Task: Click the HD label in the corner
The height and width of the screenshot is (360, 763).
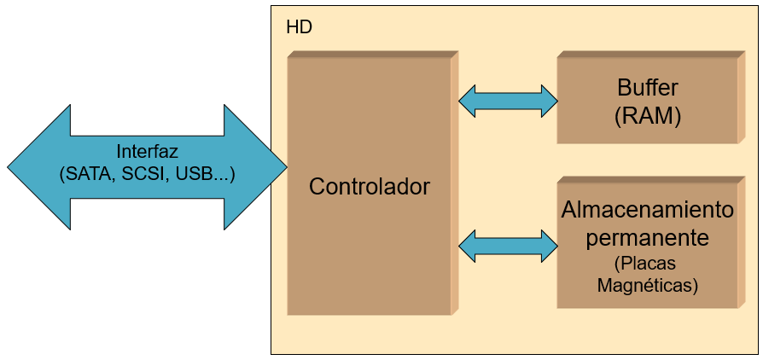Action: point(299,27)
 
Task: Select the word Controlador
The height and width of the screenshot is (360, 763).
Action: point(369,186)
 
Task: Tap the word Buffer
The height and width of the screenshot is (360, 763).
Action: point(647,88)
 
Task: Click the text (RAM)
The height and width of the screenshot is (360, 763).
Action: point(647,117)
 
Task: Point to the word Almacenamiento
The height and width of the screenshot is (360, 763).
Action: point(647,210)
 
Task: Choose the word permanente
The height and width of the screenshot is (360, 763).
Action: point(647,237)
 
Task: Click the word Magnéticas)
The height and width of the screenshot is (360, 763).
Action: point(647,286)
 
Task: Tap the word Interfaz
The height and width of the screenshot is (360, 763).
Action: point(147,152)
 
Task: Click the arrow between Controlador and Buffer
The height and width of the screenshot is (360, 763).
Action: point(508,101)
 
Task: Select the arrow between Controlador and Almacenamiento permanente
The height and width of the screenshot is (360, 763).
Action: point(508,247)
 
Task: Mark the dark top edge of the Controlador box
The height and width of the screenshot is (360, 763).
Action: point(370,55)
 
